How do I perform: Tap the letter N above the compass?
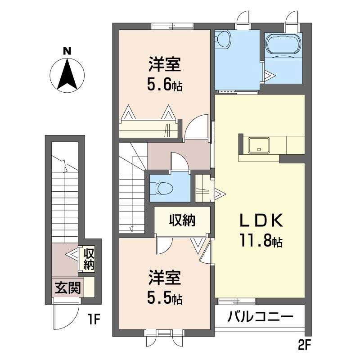[x=67, y=51]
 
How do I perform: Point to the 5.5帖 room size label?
[x=164, y=298]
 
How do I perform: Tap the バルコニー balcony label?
[x=260, y=317]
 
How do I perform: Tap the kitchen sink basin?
[x=259, y=145]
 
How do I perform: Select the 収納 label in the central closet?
[x=182, y=220]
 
